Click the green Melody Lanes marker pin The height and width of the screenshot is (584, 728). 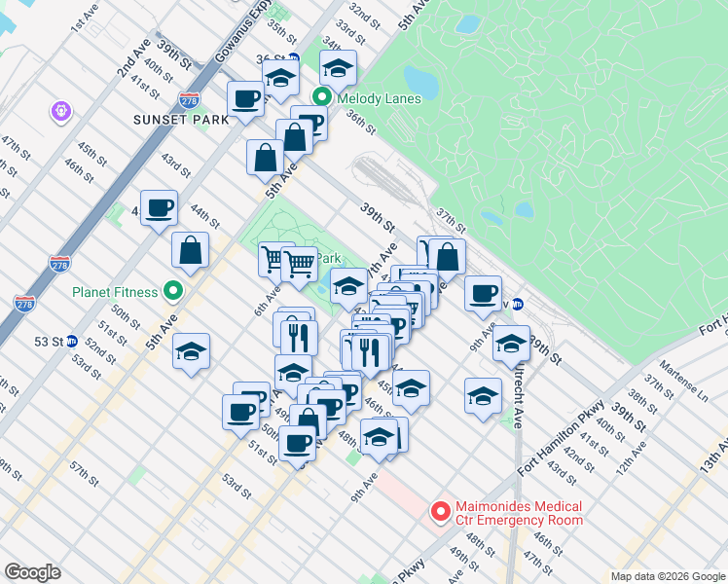(x=322, y=98)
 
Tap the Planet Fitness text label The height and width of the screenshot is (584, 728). (x=114, y=291)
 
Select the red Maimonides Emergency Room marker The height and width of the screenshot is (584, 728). (x=440, y=511)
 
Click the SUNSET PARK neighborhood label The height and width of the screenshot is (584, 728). (x=182, y=119)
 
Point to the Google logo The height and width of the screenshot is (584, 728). (x=32, y=571)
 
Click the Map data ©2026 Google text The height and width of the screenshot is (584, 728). (x=668, y=576)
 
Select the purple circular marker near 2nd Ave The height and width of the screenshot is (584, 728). (x=60, y=113)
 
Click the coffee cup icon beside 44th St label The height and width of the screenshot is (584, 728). (x=159, y=206)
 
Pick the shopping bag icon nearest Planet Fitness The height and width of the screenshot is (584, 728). (x=191, y=250)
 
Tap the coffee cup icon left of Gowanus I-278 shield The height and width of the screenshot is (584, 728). (x=245, y=98)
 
